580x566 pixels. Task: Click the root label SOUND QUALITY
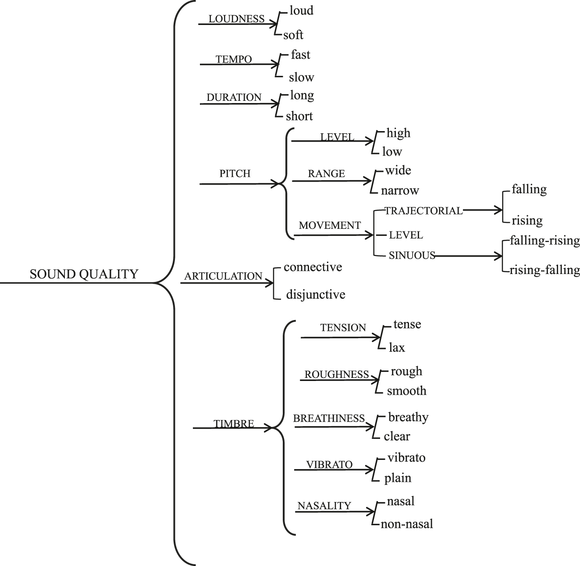[84, 274]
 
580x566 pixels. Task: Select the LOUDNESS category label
[236, 19]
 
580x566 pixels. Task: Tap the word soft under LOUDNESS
[293, 35]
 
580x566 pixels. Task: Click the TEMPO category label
[234, 59]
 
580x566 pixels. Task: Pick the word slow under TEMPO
[301, 77]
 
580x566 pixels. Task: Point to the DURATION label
[234, 97]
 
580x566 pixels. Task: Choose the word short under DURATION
[299, 116]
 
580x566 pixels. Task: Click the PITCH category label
[235, 174]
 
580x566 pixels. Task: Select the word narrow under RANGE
[399, 190]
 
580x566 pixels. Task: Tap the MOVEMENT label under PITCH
[330, 225]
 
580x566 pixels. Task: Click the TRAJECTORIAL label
[423, 211]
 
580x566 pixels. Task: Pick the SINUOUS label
[412, 255]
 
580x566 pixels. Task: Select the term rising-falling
[544, 270]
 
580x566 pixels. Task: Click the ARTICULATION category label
[223, 276]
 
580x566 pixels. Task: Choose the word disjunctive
[316, 294]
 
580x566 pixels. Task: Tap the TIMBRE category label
[234, 424]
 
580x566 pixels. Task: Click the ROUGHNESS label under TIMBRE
[337, 374]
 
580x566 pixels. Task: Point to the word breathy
[408, 417]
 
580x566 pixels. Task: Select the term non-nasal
[407, 523]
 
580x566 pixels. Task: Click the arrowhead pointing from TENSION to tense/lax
[378, 338]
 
